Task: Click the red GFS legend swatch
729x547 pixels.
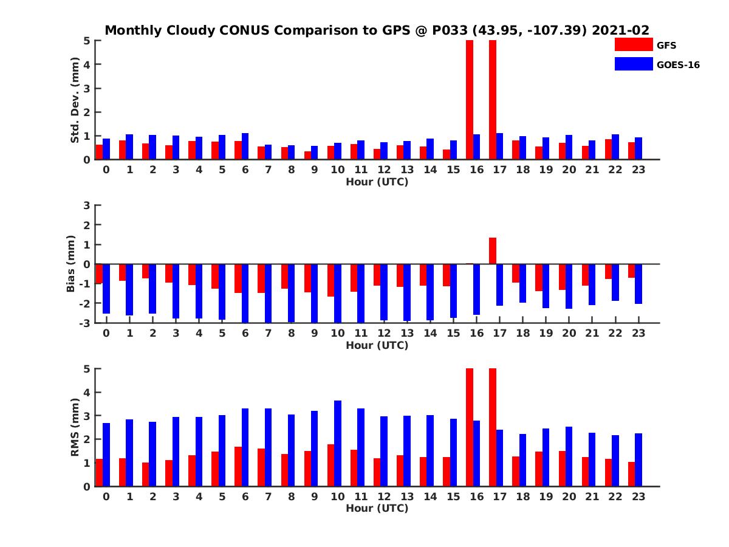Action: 632,44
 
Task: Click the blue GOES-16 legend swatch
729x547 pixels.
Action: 632,64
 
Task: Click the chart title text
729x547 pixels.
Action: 377,30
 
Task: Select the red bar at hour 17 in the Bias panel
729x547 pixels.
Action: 493,250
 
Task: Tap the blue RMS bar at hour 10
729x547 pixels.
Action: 338,443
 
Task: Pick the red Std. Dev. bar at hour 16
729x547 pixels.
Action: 470,100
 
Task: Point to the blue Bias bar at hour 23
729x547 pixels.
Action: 638,284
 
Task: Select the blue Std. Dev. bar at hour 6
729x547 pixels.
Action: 245,146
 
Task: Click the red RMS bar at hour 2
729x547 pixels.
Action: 146,474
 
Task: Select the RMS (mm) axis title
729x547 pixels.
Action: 75,427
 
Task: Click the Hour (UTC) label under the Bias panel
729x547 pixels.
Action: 377,345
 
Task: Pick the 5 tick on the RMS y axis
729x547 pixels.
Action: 87,368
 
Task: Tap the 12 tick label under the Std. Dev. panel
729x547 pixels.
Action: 384,170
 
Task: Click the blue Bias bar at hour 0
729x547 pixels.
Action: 106,289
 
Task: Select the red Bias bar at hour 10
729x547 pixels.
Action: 331,280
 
